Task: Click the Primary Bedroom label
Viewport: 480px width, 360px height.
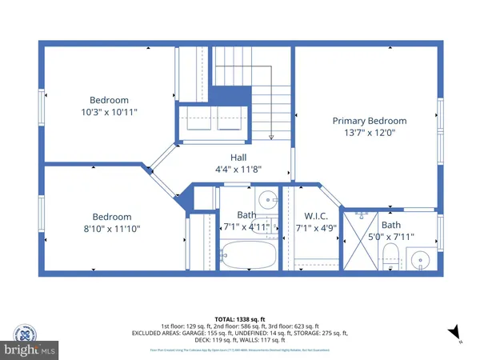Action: click(x=364, y=121)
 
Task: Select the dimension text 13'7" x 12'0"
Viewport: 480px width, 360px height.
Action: click(x=364, y=133)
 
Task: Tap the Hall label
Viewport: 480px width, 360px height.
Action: click(x=239, y=158)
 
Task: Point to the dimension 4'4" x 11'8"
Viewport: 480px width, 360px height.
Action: click(x=239, y=170)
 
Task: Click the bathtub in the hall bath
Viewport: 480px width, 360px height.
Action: click(x=248, y=258)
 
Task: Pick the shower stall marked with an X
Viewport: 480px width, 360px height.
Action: click(x=361, y=240)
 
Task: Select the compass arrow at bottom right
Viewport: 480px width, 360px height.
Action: click(x=454, y=331)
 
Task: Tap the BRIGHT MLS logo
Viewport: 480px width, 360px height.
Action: click(x=30, y=350)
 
